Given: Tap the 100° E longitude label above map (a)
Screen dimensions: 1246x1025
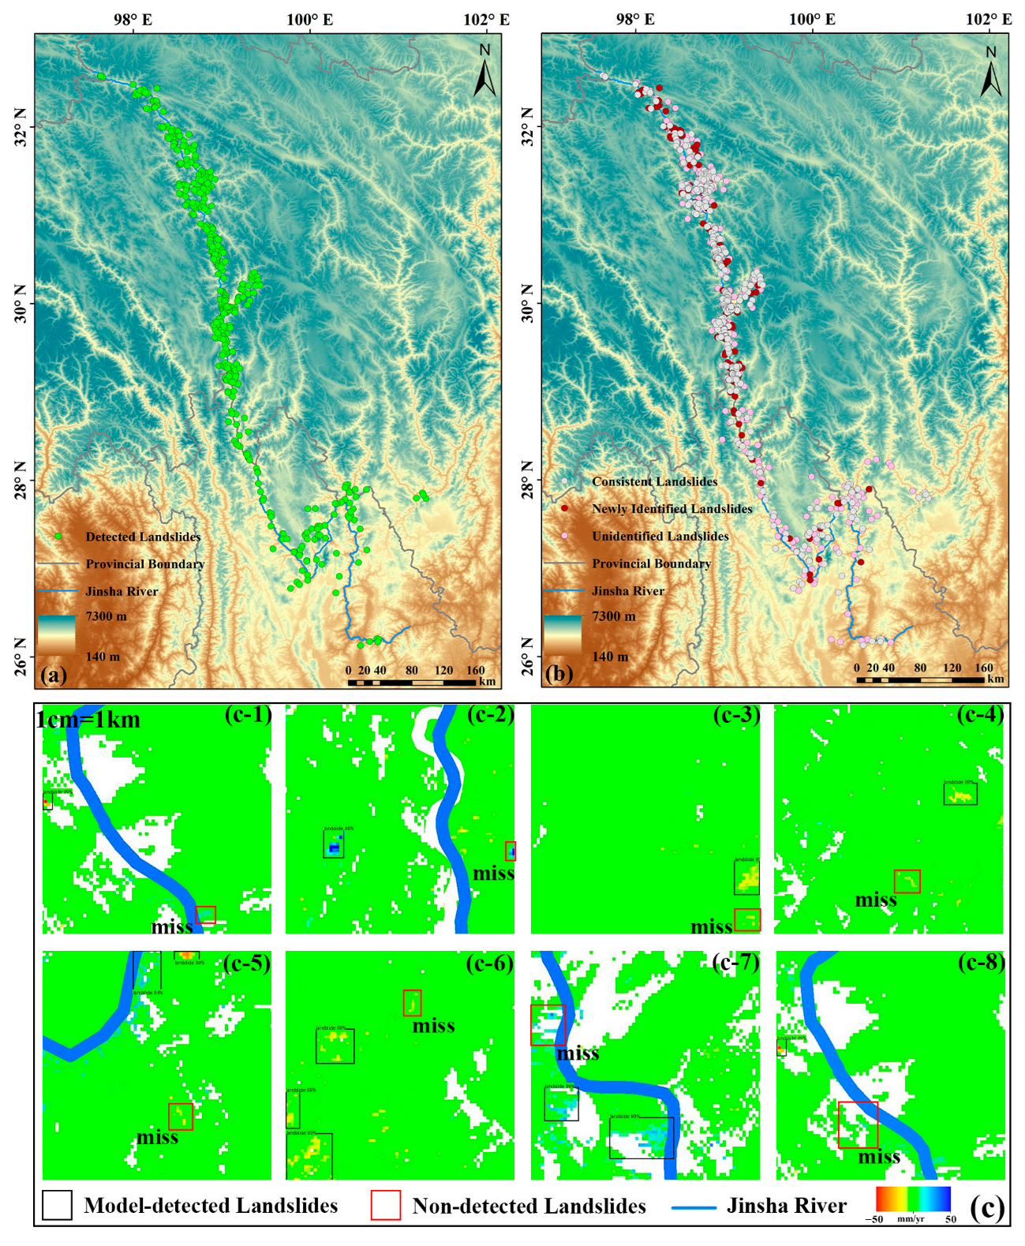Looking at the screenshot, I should tap(309, 19).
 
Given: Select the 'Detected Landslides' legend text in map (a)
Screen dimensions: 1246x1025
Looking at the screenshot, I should tap(143, 537).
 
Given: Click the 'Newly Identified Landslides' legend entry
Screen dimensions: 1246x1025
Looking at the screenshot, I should tap(671, 509).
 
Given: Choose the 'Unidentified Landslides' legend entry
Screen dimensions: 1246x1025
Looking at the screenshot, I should tap(660, 536).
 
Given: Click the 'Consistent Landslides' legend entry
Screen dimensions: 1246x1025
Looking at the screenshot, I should tap(654, 481).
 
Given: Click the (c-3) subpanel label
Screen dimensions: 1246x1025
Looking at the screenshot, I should tap(736, 715).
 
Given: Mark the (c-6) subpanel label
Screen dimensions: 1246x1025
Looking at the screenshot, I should tap(490, 963).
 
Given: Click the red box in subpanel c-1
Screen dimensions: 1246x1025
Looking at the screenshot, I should tap(205, 915).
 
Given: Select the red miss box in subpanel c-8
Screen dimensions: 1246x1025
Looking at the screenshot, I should tap(858, 1124).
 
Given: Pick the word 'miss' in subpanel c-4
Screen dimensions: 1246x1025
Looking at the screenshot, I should tap(876, 900).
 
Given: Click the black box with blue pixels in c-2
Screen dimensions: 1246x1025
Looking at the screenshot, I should tap(334, 844).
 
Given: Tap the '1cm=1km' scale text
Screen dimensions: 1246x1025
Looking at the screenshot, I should tap(88, 719).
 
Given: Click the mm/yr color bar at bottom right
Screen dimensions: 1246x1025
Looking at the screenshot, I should tap(913, 1199).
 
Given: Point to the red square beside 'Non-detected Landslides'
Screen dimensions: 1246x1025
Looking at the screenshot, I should tap(386, 1205).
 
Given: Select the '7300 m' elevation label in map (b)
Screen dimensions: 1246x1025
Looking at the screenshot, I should tap(613, 616).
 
